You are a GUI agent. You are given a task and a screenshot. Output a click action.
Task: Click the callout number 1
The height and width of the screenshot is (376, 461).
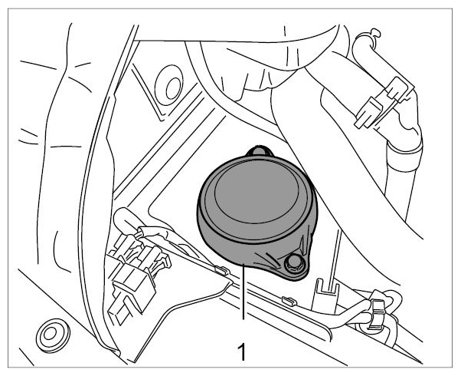tap(242, 351)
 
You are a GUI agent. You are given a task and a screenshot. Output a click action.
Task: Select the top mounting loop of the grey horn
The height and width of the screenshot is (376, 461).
tap(260, 150)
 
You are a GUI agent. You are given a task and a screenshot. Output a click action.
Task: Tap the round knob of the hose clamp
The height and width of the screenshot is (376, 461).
tap(375, 32)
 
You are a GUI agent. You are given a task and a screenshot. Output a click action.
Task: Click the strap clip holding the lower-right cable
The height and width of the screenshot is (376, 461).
tap(377, 313)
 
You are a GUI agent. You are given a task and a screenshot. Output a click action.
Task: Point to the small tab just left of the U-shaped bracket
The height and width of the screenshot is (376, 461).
tap(289, 301)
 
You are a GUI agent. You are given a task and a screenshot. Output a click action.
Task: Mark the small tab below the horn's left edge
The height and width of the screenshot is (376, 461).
tap(222, 269)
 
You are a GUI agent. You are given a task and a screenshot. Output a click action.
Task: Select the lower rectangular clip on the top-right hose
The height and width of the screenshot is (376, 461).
tap(368, 113)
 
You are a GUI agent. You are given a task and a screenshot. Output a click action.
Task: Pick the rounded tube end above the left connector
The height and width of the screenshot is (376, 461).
tap(123, 219)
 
